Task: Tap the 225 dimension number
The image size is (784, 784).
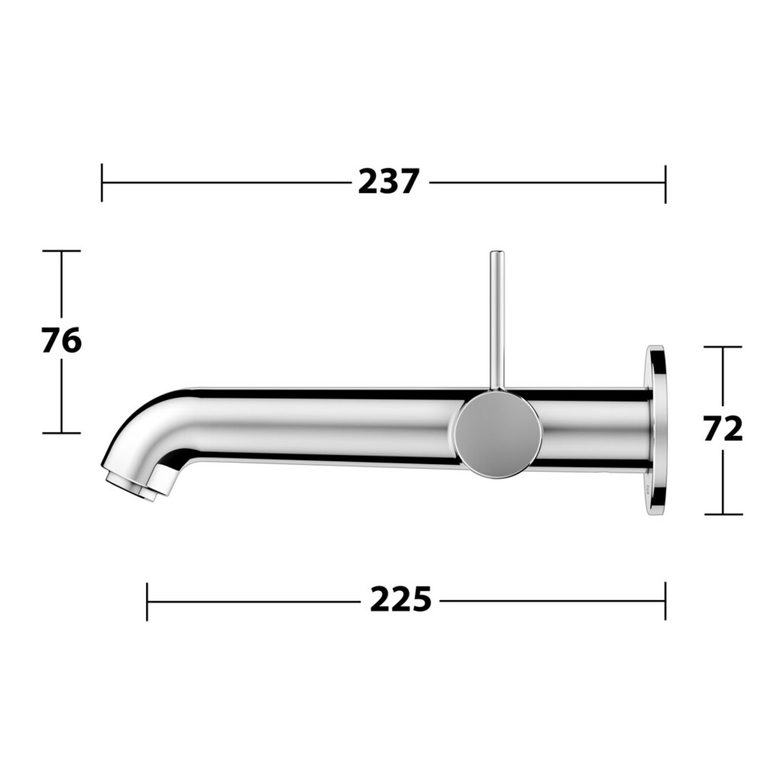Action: (400, 599)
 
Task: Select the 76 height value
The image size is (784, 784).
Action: (61, 341)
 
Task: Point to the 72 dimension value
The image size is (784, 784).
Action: (723, 429)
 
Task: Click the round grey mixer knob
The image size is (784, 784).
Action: (499, 435)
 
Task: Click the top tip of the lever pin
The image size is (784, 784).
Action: (497, 251)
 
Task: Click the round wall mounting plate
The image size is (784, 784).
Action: (656, 430)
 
